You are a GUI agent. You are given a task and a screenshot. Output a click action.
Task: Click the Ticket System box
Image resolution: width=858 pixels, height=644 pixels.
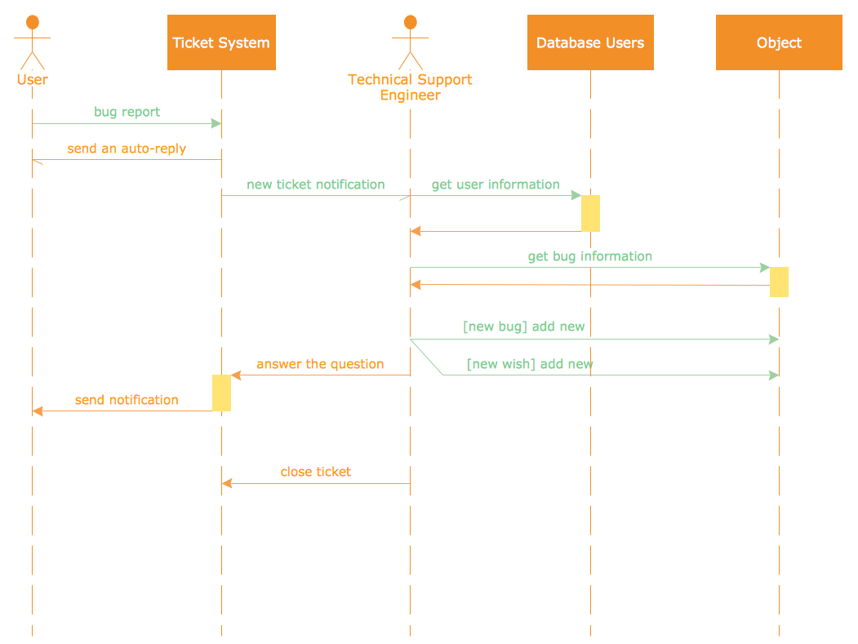click(x=221, y=42)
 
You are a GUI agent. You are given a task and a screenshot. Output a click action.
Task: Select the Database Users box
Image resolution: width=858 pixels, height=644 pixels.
click(x=590, y=42)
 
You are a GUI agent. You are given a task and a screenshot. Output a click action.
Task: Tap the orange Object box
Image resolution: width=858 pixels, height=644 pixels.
click(x=779, y=42)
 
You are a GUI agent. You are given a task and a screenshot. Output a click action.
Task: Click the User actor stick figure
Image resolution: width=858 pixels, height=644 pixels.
click(x=32, y=42)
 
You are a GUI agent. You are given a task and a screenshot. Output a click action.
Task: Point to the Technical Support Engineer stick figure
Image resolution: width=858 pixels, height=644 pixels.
click(x=410, y=42)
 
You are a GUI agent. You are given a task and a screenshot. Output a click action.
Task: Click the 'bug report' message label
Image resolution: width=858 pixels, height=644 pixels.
click(x=127, y=112)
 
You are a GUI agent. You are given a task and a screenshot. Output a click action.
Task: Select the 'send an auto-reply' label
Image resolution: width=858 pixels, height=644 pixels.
click(x=127, y=149)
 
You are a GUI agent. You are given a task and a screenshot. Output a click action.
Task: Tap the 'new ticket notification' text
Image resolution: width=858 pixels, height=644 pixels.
click(x=315, y=184)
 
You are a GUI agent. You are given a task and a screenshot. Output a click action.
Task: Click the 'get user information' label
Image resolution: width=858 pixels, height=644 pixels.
click(x=496, y=184)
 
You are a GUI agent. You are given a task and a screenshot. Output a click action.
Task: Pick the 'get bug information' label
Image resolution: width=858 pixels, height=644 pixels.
click(x=589, y=256)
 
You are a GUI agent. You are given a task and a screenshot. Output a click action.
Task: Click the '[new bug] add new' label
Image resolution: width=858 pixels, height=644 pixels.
click(x=523, y=326)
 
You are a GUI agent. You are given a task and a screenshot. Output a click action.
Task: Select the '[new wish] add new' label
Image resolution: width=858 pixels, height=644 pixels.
click(x=530, y=364)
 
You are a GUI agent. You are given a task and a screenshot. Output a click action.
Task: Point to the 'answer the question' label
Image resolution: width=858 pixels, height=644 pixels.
click(x=320, y=364)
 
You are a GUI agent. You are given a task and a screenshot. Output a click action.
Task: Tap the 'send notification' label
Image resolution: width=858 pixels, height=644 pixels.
click(x=127, y=400)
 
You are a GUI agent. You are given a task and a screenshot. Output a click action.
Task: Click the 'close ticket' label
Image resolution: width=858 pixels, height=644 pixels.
click(x=315, y=472)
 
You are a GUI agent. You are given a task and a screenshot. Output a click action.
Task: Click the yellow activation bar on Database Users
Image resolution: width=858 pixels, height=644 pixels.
click(x=590, y=213)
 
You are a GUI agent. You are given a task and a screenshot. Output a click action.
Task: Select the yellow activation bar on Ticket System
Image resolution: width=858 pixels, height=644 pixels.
click(x=221, y=393)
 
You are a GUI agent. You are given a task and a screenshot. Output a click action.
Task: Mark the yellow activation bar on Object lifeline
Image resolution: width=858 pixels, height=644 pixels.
click(x=779, y=282)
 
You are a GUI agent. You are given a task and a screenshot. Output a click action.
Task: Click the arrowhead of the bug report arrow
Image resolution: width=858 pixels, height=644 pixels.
click(x=216, y=123)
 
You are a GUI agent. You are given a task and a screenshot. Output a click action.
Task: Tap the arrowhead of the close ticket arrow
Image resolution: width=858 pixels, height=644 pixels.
click(x=227, y=483)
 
